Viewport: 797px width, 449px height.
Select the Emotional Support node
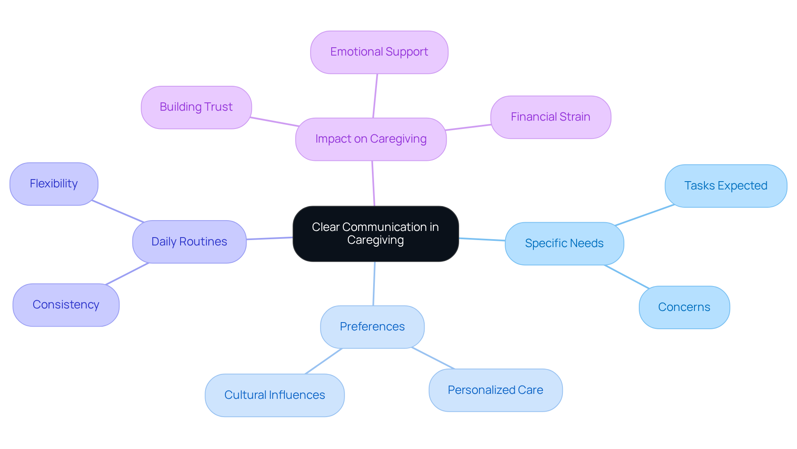(x=379, y=52)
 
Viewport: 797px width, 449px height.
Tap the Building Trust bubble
(x=196, y=107)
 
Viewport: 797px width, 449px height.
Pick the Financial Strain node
(x=550, y=117)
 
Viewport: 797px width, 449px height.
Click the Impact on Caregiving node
(x=371, y=139)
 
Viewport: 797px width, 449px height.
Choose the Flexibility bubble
(x=54, y=184)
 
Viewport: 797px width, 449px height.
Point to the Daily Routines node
(x=189, y=242)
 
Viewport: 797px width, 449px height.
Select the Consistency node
(x=66, y=305)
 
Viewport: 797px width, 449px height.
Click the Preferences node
(x=372, y=327)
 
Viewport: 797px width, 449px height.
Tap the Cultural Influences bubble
(x=274, y=395)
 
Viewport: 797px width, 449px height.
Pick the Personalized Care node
(x=495, y=390)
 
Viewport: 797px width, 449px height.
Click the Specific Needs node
(x=564, y=243)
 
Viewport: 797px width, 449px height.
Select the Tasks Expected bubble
(x=726, y=186)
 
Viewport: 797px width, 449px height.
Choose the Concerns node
(x=684, y=307)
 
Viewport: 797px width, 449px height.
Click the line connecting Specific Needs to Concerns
(x=627, y=277)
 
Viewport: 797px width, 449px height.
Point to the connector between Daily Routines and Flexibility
(x=117, y=211)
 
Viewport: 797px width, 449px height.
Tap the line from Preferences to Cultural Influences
(x=324, y=361)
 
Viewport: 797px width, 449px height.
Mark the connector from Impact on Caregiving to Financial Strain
(x=468, y=127)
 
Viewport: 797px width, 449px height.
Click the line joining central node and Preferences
(x=374, y=284)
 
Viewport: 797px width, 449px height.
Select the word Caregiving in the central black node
(x=375, y=240)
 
